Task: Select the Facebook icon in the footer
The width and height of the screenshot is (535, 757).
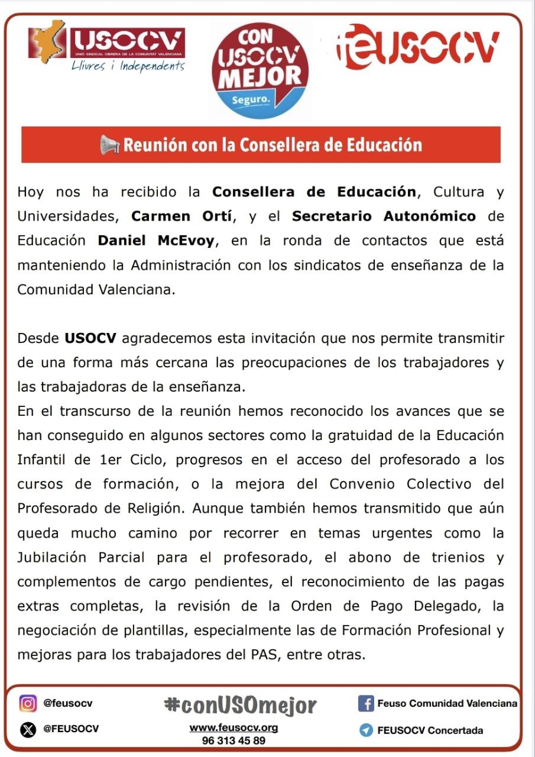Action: [366, 704]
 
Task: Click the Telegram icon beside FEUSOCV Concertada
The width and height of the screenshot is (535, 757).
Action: [366, 730]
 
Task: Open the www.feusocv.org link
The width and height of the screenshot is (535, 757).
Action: [234, 728]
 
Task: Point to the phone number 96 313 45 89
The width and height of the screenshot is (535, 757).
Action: [234, 740]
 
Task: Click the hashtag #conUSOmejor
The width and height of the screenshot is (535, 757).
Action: [240, 706]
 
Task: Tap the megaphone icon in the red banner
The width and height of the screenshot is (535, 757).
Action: [110, 145]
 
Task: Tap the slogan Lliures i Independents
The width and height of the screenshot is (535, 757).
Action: [128, 66]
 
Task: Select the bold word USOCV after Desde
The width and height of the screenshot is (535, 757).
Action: [90, 339]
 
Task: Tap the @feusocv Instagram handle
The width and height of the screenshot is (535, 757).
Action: [67, 704]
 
